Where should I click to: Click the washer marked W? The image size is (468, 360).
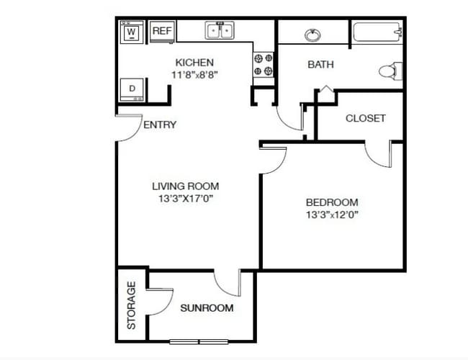coord(132,32)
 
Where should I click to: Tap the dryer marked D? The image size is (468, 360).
coord(132,89)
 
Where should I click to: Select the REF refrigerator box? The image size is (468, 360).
coord(162,31)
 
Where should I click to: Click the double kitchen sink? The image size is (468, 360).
coord(220,30)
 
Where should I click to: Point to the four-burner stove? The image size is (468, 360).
coord(264,65)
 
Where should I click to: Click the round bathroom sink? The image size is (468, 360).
coord(312,35)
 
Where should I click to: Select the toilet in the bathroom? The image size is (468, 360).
coord(391,71)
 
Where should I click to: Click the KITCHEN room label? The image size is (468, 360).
coord(194,63)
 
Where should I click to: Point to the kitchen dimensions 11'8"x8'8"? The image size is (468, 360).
coord(194,75)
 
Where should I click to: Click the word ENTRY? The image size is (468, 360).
coord(160,125)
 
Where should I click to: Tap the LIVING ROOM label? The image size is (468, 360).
coord(185,186)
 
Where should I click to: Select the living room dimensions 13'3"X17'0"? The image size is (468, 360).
coord(185,199)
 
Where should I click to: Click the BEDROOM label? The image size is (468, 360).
coord(332,202)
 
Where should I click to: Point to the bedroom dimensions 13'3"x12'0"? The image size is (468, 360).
coord(332,215)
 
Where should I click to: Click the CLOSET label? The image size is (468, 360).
coord(365,118)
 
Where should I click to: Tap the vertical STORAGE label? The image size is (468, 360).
coord(131,305)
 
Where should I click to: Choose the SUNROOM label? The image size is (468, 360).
coord(207,308)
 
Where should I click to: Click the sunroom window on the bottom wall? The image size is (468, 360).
coord(199,341)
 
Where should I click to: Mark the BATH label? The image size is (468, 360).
coord(320,65)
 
